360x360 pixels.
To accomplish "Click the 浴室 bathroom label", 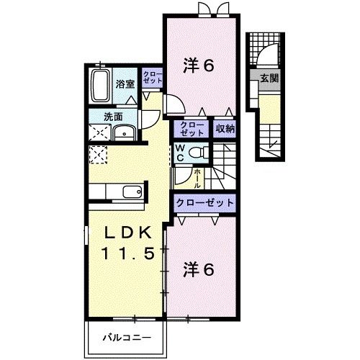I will [125, 84].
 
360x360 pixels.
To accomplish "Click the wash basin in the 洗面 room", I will [126, 132].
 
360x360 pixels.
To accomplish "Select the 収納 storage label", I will [225, 129].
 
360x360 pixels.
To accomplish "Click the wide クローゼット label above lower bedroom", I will [204, 203].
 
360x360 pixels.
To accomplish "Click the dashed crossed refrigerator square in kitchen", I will [99, 155].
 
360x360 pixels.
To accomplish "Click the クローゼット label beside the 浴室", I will [152, 78].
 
